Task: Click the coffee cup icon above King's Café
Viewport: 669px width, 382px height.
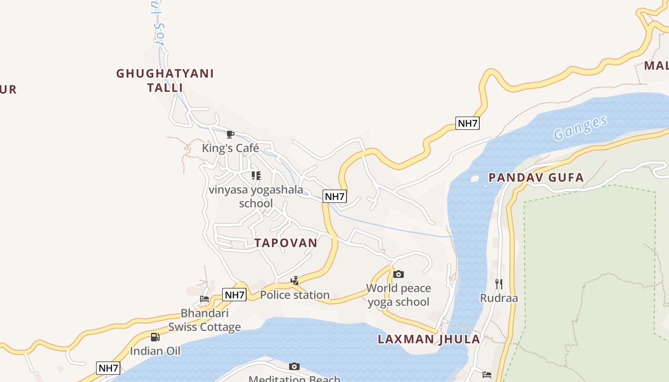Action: tap(230, 134)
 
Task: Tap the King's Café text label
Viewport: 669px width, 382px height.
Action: tap(230, 148)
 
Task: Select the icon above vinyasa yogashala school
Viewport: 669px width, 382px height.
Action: tap(256, 176)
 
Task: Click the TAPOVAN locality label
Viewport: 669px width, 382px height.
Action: tap(286, 243)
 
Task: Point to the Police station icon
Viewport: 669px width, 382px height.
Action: tap(295, 280)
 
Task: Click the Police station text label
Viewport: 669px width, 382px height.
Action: tap(295, 295)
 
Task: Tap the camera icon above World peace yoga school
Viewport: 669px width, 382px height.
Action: tap(398, 274)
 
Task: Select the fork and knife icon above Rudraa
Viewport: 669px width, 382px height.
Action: tap(499, 284)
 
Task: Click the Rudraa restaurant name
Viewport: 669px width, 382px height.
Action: tap(499, 298)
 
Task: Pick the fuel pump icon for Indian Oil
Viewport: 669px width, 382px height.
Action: tap(155, 337)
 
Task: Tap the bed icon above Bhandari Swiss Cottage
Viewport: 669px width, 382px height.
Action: tap(205, 299)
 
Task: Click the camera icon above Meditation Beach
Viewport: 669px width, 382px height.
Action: tap(294, 366)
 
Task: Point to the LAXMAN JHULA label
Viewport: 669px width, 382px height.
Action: tap(429, 340)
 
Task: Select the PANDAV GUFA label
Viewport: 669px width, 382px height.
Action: tap(536, 178)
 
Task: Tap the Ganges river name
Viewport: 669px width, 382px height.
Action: tap(580, 127)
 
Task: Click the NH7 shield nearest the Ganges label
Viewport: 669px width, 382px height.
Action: tap(467, 123)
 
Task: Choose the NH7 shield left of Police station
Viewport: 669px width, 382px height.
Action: tap(235, 295)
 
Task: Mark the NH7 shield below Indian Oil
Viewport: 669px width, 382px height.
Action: tap(108, 368)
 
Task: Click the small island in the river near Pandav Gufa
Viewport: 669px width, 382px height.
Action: tap(475, 179)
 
